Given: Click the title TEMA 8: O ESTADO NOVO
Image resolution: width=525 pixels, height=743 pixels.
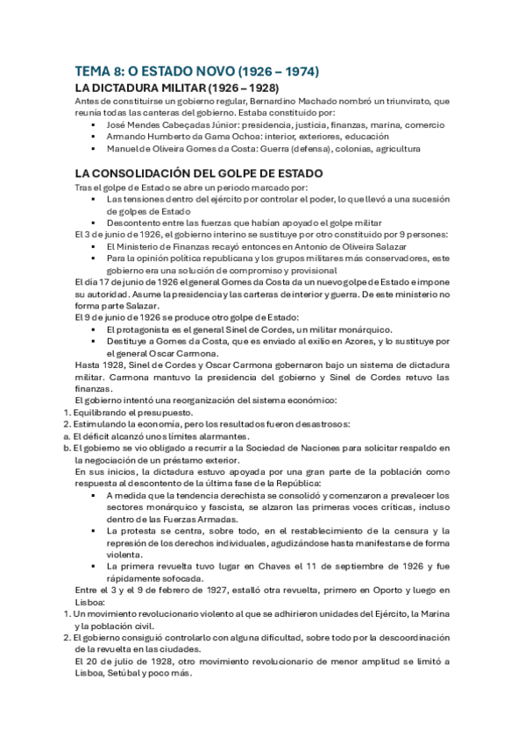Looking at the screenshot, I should [x=196, y=71].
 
